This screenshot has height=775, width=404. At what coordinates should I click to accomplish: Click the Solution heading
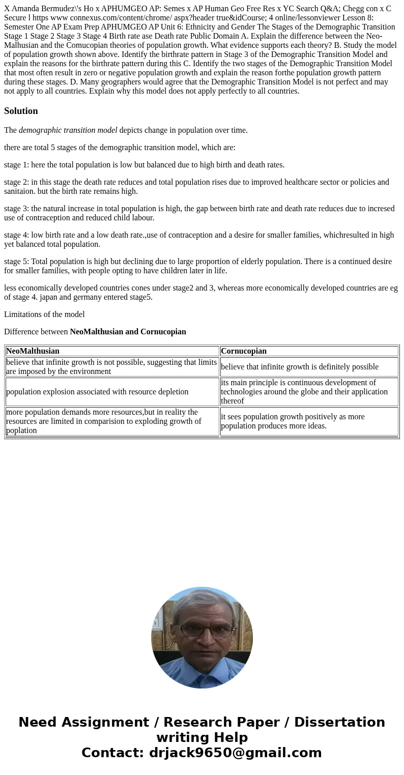click(21, 111)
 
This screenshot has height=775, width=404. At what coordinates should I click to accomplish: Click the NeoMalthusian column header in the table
click(33, 351)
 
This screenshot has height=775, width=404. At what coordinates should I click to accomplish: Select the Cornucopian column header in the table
click(244, 351)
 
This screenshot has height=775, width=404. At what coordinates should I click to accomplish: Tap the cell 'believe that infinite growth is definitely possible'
click(300, 367)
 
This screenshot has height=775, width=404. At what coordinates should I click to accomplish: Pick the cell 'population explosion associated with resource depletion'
click(97, 392)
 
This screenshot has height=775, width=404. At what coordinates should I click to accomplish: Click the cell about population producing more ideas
click(293, 421)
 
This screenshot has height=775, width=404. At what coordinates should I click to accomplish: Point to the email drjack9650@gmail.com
click(235, 753)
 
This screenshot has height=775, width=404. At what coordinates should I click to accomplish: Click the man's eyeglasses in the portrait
click(201, 630)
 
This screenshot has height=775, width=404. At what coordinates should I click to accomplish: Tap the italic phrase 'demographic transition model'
click(68, 130)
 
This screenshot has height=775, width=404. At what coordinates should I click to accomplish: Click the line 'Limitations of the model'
click(44, 314)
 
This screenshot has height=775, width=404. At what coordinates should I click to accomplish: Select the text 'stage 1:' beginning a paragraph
click(17, 165)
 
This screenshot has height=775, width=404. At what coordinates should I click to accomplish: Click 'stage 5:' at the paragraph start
click(17, 262)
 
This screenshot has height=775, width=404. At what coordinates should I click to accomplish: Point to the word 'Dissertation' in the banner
click(339, 722)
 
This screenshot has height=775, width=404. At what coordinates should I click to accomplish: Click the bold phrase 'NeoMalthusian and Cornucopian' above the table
click(128, 332)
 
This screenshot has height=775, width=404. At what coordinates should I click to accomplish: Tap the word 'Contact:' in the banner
click(112, 753)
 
